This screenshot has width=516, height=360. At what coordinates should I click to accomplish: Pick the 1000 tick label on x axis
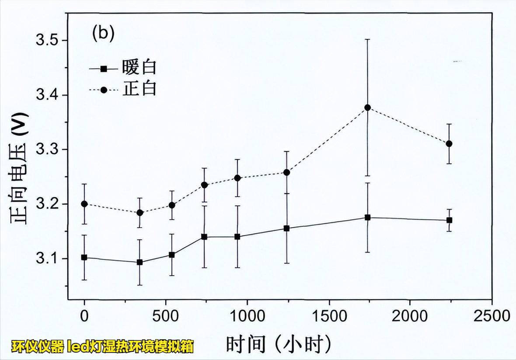[247, 316]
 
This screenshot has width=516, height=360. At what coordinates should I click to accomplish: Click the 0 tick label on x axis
[84, 316]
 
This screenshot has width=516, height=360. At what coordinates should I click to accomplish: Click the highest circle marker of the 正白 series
[368, 107]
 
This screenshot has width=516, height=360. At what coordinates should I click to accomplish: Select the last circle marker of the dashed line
[449, 144]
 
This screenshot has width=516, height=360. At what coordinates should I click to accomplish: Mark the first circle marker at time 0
[84, 204]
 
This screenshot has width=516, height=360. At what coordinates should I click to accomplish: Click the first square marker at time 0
[84, 258]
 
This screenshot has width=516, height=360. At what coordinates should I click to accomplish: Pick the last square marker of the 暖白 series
[449, 220]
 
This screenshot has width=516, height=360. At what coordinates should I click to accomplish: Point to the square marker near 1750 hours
[368, 218]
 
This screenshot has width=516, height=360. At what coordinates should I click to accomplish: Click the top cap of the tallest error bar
[368, 39]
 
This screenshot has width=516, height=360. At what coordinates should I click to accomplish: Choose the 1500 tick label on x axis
[328, 316]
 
